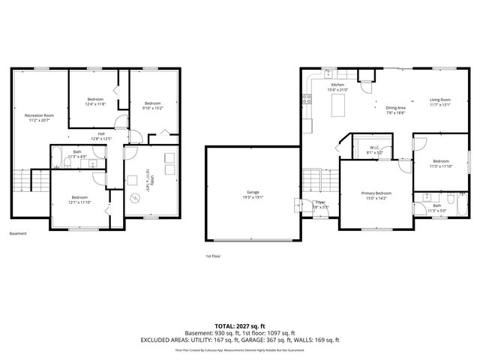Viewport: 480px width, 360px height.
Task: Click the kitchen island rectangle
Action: [338, 106]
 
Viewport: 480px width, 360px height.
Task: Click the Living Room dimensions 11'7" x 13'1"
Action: [439, 105]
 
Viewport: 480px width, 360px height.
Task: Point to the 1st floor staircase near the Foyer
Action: [311, 180]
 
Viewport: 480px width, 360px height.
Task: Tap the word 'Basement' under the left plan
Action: [18, 233]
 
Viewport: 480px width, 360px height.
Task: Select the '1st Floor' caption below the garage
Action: [212, 256]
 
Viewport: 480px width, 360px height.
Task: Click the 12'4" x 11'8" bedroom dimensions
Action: [94, 104]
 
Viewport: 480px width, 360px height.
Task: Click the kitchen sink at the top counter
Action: [328, 73]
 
